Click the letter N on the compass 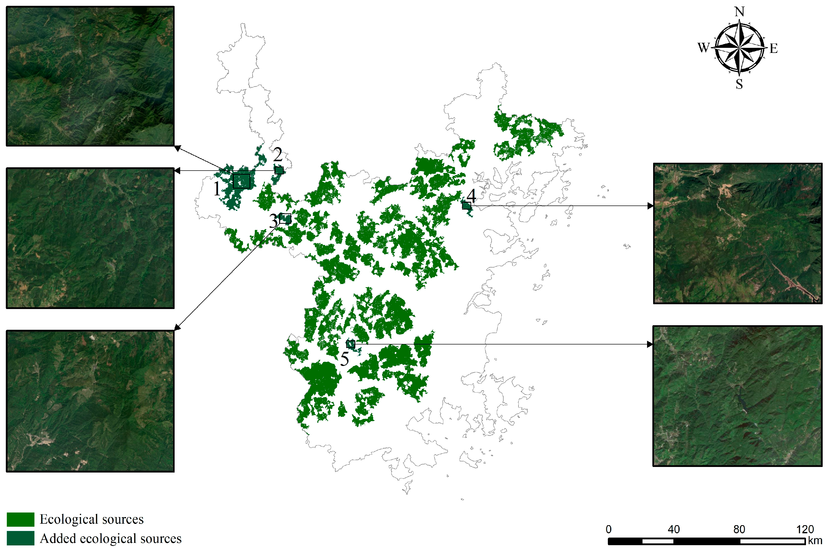pyautogui.click(x=739, y=12)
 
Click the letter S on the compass pyautogui.click(x=739, y=84)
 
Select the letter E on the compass pyautogui.click(x=773, y=48)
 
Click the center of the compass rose pyautogui.click(x=739, y=48)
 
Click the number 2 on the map pyautogui.click(x=278, y=155)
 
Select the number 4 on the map pyautogui.click(x=471, y=195)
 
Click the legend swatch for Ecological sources pyautogui.click(x=20, y=519)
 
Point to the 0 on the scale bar pyautogui.click(x=608, y=529)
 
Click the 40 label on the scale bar pyautogui.click(x=674, y=529)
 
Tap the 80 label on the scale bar pyautogui.click(x=739, y=529)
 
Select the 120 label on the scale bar pyautogui.click(x=805, y=529)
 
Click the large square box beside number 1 pyautogui.click(x=241, y=181)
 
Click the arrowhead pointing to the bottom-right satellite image pyautogui.click(x=650, y=344)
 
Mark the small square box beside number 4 pyautogui.click(x=466, y=206)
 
